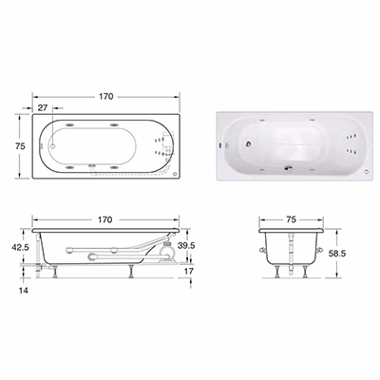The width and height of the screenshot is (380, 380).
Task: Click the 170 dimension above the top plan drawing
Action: coord(105,96)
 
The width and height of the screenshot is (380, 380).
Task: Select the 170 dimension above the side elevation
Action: coord(104,219)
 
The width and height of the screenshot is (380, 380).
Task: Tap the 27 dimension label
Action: coord(43,107)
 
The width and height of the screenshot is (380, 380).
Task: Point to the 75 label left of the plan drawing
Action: coord(20,146)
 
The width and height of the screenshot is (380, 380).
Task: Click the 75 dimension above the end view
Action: coord(291,219)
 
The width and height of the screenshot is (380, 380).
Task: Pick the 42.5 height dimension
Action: coord(20,247)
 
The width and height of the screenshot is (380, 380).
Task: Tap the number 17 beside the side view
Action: coord(189,272)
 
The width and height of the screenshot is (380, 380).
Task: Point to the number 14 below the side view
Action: coord(24,290)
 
